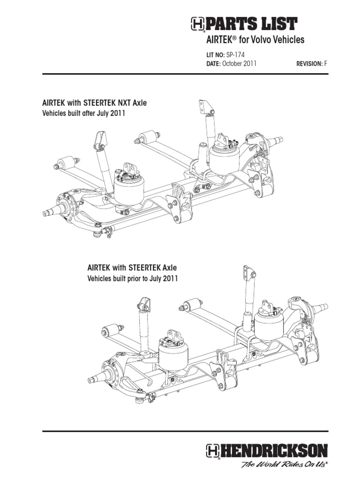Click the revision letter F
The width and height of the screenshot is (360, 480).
click(326, 63)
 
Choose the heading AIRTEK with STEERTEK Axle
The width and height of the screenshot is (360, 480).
click(132, 268)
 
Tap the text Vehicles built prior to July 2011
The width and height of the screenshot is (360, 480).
click(133, 278)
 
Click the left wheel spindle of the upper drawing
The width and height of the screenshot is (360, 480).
click(51, 212)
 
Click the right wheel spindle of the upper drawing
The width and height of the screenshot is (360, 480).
click(277, 140)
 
